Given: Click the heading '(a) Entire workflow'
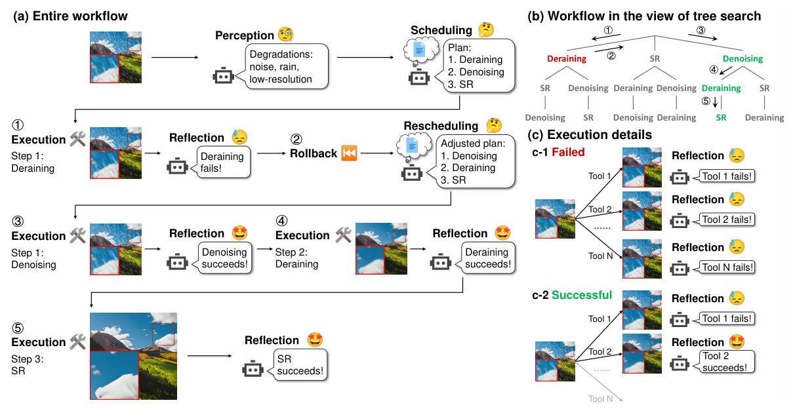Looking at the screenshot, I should [70, 15].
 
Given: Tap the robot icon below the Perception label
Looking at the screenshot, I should [223, 76].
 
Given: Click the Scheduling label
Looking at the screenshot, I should [441, 30].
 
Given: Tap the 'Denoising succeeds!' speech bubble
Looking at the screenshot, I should [224, 258].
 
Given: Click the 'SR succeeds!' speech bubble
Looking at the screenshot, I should [300, 365].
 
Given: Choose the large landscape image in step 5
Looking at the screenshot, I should [138, 354].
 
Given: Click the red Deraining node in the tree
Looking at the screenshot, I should [567, 59].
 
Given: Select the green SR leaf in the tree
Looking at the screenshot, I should [721, 117].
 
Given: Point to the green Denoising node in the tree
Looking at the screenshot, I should [742, 59].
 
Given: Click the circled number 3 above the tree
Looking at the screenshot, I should [701, 30].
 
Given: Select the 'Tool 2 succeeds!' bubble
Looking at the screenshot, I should [723, 361].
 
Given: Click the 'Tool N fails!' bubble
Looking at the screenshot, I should [727, 267].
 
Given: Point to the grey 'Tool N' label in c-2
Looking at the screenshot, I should [600, 399].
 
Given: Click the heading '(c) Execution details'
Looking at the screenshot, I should [590, 135].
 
